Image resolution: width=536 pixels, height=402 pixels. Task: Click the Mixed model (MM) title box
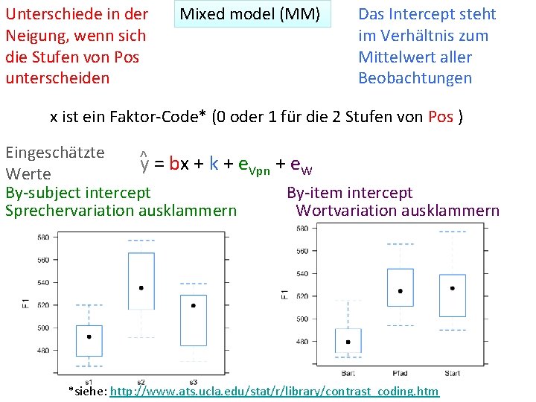pos(252,14)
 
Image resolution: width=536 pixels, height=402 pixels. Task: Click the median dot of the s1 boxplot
pos(89,336)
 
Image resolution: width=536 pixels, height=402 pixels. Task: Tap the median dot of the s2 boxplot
pos(141,287)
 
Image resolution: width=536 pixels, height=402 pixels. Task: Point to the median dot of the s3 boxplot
pos(194,305)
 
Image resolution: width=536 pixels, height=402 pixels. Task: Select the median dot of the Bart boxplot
pos(348,342)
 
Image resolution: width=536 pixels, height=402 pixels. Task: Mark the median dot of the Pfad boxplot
pos(401,291)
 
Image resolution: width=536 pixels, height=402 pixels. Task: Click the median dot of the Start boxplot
pos(452,288)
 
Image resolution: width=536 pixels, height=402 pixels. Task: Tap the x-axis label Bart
pos(348,372)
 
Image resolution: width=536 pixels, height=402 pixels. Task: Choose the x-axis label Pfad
pos(401,372)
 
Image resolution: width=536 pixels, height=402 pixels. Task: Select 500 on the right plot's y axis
pos(302,319)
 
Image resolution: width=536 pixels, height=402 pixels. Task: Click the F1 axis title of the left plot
pos(26,305)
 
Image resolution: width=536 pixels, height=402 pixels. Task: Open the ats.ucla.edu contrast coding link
pos(274,391)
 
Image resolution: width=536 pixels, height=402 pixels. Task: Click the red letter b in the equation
pos(174,163)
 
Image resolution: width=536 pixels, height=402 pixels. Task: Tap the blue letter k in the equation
pos(214,163)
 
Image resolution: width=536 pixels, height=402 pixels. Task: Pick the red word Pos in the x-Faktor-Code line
pos(441,117)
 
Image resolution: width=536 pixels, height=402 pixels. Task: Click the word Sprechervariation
pos(64,211)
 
